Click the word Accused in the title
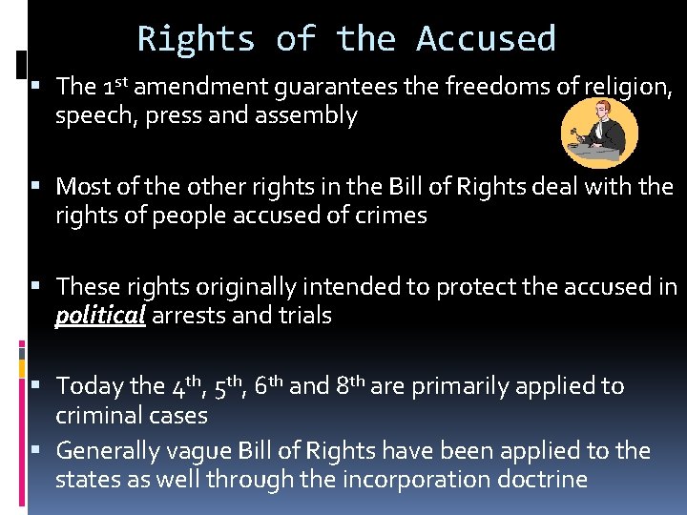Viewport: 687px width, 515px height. click(x=486, y=39)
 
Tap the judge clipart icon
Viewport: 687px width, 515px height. click(x=599, y=133)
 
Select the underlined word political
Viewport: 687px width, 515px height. click(x=100, y=316)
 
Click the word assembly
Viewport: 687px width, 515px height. click(x=310, y=115)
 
